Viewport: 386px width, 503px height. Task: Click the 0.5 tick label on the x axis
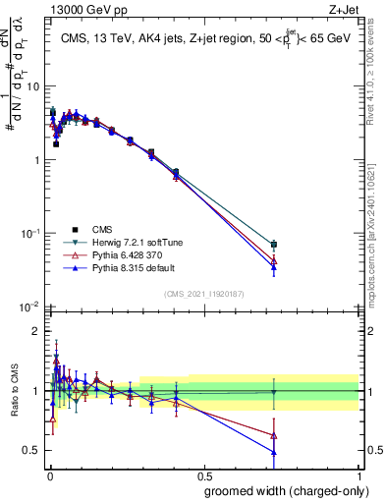click(202, 475)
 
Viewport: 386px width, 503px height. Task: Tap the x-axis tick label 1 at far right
click(358, 475)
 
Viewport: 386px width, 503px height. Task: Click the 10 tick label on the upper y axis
click(32, 86)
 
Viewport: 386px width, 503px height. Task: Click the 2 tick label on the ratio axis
click(36, 331)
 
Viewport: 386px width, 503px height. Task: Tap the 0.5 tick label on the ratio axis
click(32, 450)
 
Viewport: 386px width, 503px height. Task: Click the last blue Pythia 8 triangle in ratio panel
click(274, 452)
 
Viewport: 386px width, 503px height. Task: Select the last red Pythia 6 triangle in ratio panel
click(274, 435)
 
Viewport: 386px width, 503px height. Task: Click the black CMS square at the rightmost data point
click(274, 244)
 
